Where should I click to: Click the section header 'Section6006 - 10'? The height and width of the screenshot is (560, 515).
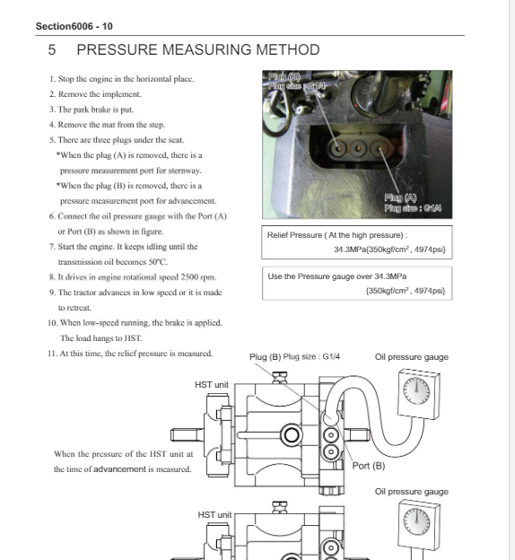pos(74,26)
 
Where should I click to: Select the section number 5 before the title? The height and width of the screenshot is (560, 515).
pos(52,50)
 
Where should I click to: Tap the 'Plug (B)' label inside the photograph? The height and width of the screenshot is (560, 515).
pos(284,77)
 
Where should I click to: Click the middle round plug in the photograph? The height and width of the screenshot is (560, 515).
pos(358,148)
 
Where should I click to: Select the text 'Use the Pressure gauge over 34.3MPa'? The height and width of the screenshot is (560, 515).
pos(337,276)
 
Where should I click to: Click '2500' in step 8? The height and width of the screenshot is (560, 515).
pos(189,277)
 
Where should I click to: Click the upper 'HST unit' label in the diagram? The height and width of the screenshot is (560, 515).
pos(212,385)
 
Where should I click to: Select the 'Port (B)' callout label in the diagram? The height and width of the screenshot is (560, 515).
pos(369,466)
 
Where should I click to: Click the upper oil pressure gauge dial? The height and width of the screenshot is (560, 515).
pos(416,390)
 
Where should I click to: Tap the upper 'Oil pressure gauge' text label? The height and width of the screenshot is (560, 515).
pos(412,357)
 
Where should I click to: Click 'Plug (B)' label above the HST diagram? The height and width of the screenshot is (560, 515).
pos(265,357)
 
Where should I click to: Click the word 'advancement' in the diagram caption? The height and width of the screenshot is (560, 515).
pos(119,469)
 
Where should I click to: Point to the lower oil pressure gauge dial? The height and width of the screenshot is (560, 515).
pos(417,521)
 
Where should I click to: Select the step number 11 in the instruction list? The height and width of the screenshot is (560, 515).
pos(52,354)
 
